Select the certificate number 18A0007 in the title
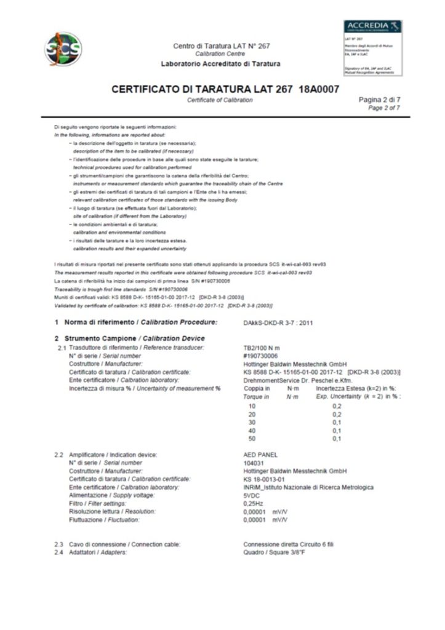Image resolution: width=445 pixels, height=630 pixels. [x=319, y=89]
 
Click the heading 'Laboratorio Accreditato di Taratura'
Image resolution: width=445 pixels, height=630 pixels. [x=220, y=64]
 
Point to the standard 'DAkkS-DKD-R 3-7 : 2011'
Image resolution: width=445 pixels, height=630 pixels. [x=278, y=322]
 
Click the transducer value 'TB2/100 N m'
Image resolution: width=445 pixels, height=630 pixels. [x=263, y=348]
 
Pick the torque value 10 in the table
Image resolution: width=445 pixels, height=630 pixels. [x=251, y=406]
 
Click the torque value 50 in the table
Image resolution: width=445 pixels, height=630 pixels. [x=251, y=438]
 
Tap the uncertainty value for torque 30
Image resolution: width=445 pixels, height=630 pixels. [x=337, y=422]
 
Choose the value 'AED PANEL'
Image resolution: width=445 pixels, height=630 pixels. [x=261, y=455]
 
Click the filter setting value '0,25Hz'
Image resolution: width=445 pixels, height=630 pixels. [x=254, y=503]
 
